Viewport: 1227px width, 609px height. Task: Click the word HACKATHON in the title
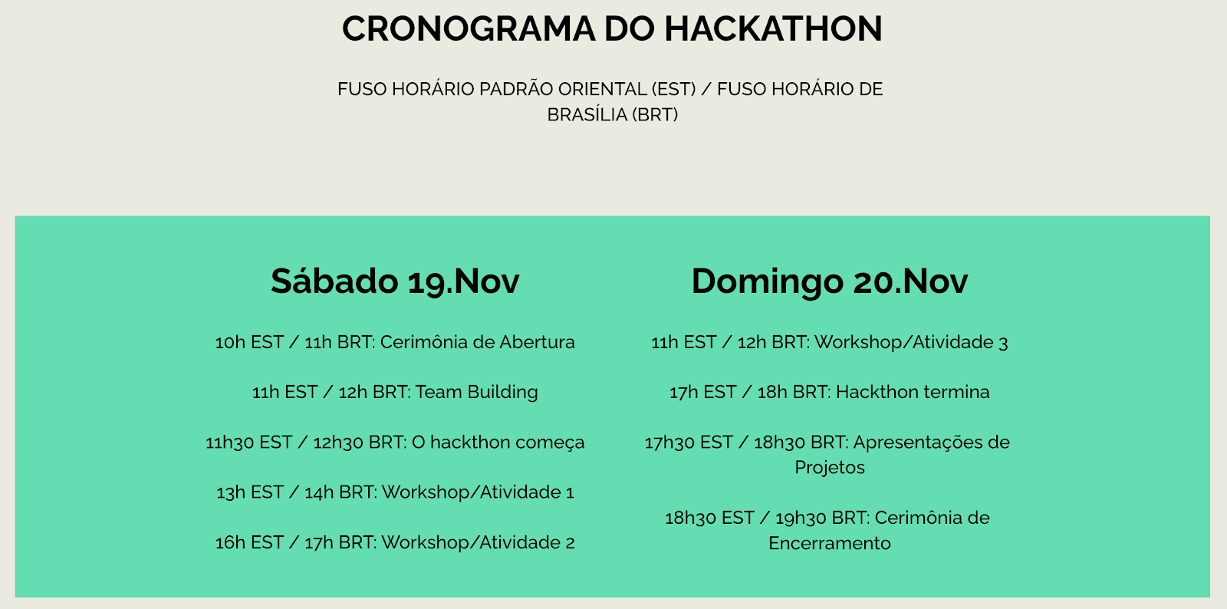(774, 28)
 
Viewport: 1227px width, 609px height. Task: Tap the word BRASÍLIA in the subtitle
(587, 114)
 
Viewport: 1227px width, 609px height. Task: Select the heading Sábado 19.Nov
(395, 281)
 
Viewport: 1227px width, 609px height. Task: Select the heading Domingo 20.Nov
(829, 282)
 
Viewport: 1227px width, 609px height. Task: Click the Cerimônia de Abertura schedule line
(395, 342)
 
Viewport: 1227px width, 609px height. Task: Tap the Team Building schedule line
(395, 392)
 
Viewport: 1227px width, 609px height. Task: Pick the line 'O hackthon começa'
(395, 442)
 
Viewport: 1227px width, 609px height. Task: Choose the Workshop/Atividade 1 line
(395, 492)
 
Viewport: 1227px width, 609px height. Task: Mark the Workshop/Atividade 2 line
(395, 542)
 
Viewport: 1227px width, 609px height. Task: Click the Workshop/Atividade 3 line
(829, 342)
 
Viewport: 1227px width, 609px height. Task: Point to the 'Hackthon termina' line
(829, 392)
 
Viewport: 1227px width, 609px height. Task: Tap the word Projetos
(829, 468)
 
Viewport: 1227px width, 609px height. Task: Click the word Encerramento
(829, 543)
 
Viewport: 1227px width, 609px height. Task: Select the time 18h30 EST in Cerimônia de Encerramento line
(709, 518)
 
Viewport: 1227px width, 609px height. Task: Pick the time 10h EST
(249, 342)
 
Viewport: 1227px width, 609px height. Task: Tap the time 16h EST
(249, 542)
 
